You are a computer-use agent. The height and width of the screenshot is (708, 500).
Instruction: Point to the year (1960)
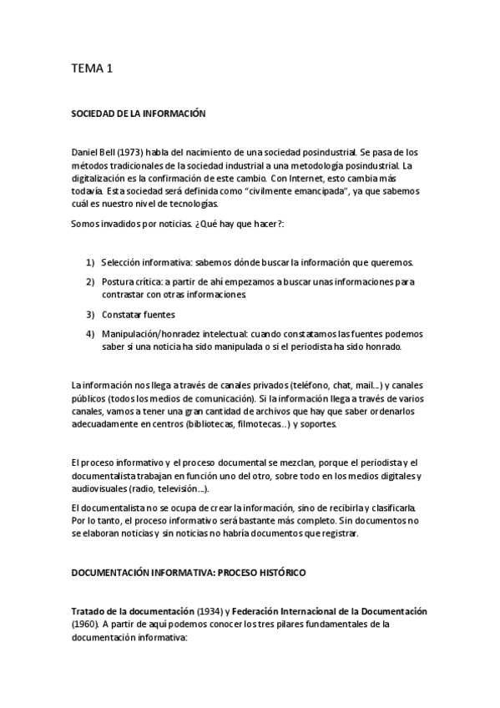click(x=86, y=625)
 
